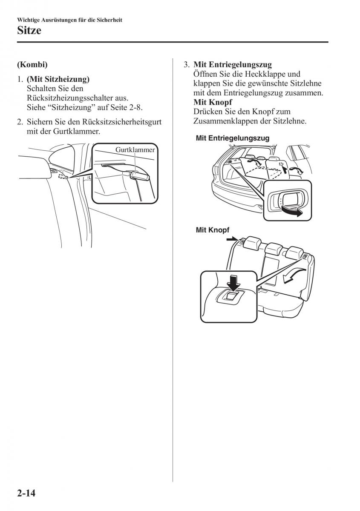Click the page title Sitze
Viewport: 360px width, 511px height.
pos(29,31)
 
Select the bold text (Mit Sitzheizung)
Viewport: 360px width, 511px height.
pos(58,79)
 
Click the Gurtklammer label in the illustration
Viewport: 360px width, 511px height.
pos(135,149)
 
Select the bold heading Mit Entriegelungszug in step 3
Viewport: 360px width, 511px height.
pos(233,65)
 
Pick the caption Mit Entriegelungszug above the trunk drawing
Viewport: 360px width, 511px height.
pos(232,138)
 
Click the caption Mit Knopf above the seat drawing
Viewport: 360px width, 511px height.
pos(213,230)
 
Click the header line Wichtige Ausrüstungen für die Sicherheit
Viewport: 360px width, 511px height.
pos(70,20)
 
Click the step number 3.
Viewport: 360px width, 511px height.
pos(186,65)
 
